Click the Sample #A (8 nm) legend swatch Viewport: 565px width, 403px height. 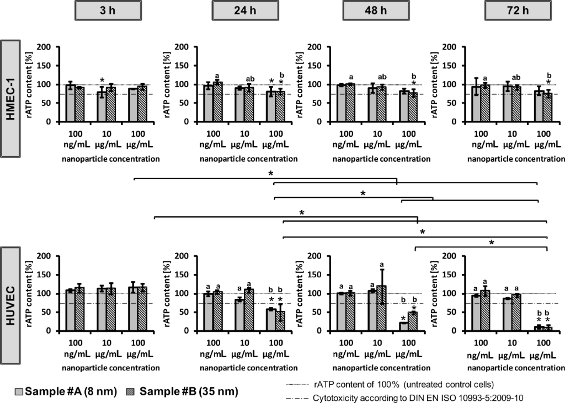click(x=7, y=392)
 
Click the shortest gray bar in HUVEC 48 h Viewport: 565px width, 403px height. click(x=404, y=326)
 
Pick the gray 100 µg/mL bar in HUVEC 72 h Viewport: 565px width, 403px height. click(x=539, y=329)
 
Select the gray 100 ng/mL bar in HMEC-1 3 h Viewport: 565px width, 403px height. click(x=70, y=103)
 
